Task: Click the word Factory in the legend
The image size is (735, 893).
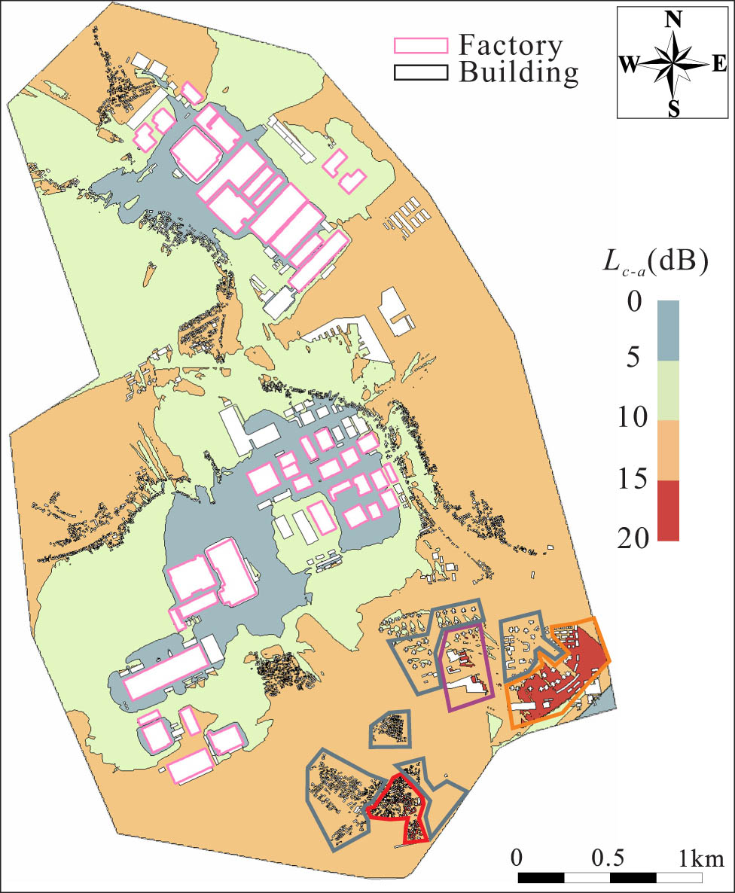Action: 510,46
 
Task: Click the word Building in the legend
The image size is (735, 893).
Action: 519,72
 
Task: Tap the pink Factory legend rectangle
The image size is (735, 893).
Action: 421,45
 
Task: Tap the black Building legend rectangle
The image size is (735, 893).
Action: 421,72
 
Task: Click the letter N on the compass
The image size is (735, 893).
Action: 673,20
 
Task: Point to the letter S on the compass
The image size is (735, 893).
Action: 674,110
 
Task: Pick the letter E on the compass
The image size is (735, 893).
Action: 719,66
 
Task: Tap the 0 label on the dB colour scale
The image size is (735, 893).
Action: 634,303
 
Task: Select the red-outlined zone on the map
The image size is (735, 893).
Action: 399,806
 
